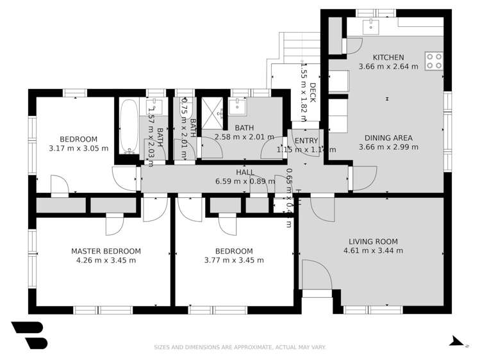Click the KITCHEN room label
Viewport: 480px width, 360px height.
click(388, 57)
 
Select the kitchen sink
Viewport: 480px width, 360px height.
click(370, 26)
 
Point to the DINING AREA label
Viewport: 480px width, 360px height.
click(388, 138)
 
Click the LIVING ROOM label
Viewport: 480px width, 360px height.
click(373, 241)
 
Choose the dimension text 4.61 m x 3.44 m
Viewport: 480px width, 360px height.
click(373, 250)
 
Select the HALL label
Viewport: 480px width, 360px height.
click(245, 172)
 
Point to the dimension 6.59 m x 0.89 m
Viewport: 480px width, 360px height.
click(245, 181)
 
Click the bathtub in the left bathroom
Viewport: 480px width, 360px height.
click(129, 127)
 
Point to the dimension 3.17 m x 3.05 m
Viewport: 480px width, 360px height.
click(78, 149)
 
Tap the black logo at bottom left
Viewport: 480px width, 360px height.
click(29, 334)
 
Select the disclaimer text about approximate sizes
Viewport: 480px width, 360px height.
click(240, 347)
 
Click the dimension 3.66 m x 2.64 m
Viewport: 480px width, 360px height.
click(388, 66)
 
